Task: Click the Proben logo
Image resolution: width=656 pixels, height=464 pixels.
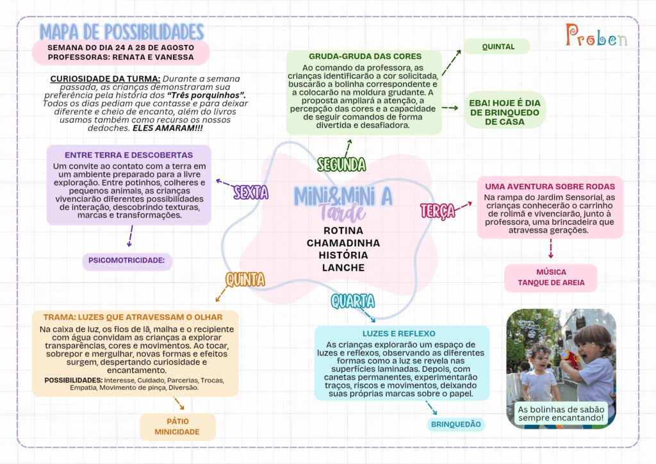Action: pyautogui.click(x=596, y=35)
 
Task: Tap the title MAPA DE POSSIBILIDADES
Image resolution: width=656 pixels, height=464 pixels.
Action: pyautogui.click(x=122, y=32)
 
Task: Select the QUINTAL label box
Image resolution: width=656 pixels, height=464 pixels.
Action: pyautogui.click(x=497, y=46)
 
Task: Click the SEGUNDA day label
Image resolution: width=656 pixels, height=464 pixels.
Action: pyautogui.click(x=341, y=165)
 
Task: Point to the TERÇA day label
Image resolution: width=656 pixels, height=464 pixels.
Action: pyautogui.click(x=438, y=211)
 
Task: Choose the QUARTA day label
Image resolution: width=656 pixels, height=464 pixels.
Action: pyautogui.click(x=353, y=301)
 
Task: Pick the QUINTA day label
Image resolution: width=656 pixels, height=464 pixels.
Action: pyautogui.click(x=245, y=279)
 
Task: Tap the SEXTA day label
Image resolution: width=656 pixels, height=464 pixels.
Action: pyautogui.click(x=250, y=192)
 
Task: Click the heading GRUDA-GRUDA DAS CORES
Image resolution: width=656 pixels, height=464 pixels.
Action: pyautogui.click(x=365, y=56)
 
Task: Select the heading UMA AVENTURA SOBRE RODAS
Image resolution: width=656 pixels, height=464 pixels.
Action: pyautogui.click(x=550, y=186)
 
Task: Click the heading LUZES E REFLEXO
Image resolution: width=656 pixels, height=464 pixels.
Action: pyautogui.click(x=398, y=333)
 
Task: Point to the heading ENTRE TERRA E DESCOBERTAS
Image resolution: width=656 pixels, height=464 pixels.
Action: pyautogui.click(x=128, y=155)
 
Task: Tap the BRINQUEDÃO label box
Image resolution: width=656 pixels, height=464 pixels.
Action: pyautogui.click(x=456, y=424)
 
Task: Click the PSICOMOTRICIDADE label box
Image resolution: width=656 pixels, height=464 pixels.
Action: pyautogui.click(x=127, y=261)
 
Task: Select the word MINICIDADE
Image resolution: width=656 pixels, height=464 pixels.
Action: pyautogui.click(x=177, y=432)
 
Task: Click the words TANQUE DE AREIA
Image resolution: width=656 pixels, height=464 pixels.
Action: pyautogui.click(x=551, y=283)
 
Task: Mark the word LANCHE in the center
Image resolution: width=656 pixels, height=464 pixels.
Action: pyautogui.click(x=343, y=268)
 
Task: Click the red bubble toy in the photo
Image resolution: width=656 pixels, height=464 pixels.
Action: pyautogui.click(x=570, y=358)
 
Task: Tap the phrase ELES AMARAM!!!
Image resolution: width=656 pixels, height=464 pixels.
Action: pyautogui.click(x=168, y=128)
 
